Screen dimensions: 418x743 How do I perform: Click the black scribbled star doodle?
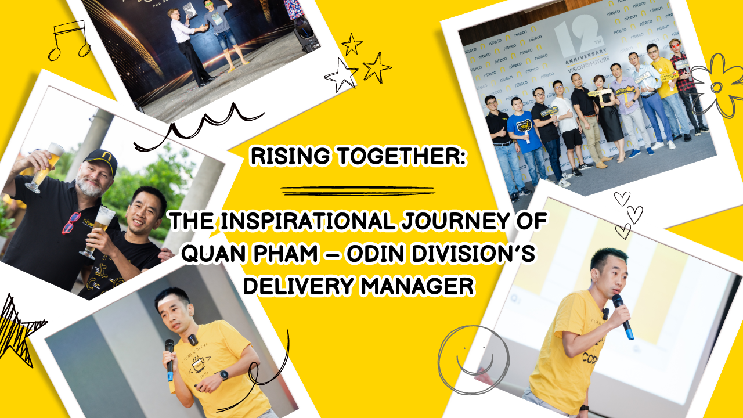(17, 331)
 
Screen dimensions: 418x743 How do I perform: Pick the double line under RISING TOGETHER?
(358, 190)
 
